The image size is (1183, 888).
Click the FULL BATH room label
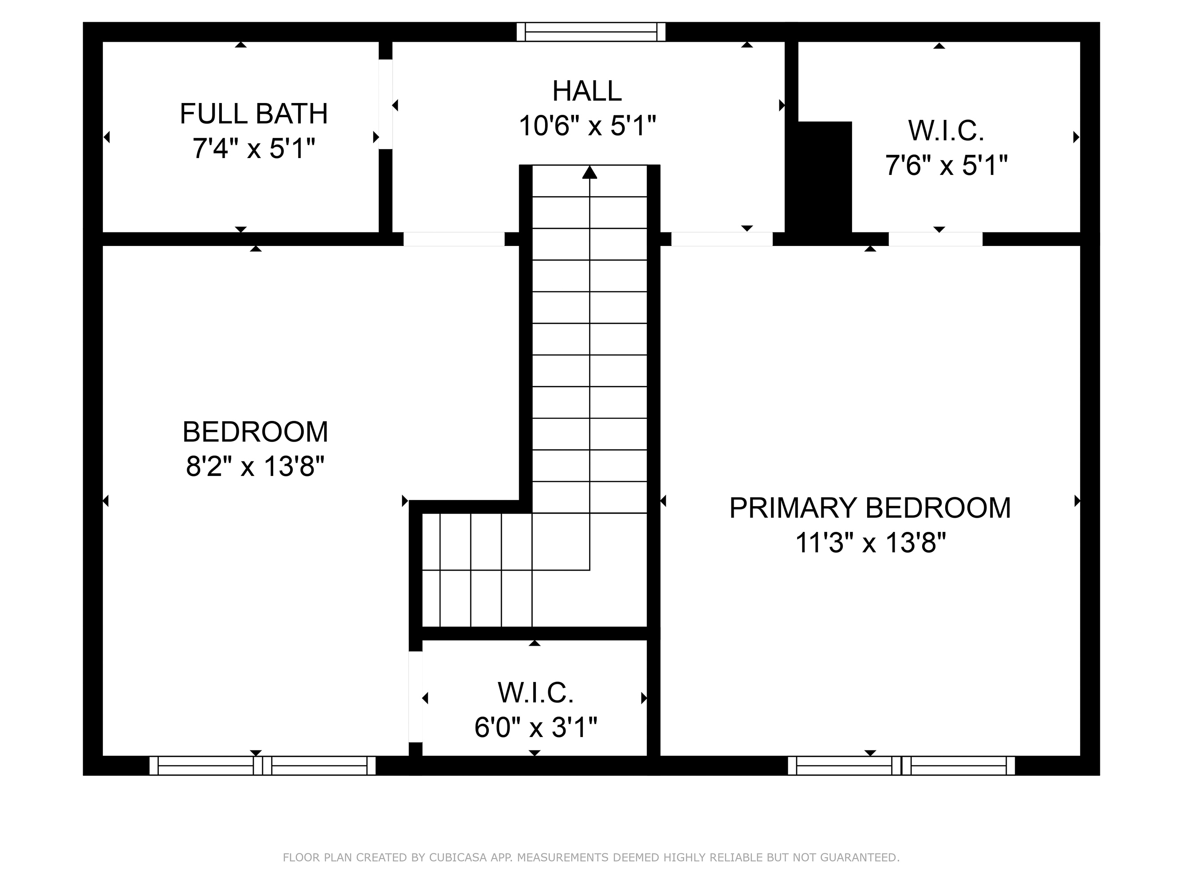coord(254,114)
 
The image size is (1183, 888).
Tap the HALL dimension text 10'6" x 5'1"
coord(587,127)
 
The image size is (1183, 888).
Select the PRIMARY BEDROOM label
coord(869,508)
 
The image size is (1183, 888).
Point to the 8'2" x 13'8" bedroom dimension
coord(255,466)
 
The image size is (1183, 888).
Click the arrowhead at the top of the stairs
coord(590,172)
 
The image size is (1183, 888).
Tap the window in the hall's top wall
coord(591,32)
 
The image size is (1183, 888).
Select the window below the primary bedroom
coord(901,765)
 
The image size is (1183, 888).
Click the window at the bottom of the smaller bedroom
coord(262,765)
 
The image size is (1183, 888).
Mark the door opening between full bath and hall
coord(385,104)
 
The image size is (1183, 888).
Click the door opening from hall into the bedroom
coord(454,239)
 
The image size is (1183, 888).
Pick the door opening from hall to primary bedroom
coord(721,239)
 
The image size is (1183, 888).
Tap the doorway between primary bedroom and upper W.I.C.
coord(935,239)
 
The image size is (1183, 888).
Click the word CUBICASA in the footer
coord(457,857)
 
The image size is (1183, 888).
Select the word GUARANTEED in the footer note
coord(858,857)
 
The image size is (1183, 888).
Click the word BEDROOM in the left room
coord(255,432)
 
